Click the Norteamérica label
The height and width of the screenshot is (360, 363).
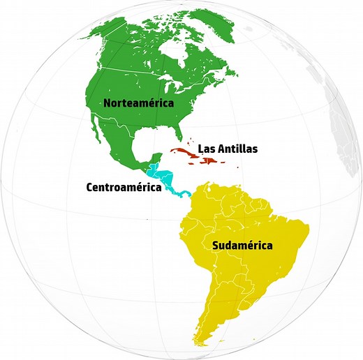click(x=138, y=103)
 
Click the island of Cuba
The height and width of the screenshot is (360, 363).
click(x=184, y=151)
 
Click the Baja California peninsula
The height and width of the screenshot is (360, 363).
click(x=105, y=146)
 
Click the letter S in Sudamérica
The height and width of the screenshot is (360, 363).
click(x=207, y=246)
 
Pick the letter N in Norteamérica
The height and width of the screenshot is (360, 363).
click(x=108, y=103)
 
